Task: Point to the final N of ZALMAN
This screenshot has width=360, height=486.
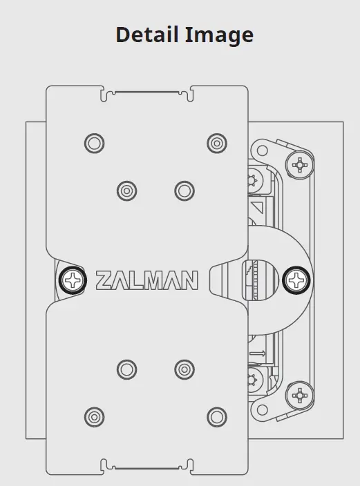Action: (x=188, y=280)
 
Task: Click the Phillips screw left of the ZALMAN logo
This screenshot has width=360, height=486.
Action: (x=71, y=280)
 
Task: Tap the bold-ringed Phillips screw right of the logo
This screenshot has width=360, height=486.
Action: (x=298, y=280)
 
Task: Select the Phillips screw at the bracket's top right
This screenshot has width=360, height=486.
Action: (x=300, y=165)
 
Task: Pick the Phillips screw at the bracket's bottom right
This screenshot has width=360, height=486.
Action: (x=300, y=395)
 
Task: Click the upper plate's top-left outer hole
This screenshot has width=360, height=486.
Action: (x=94, y=143)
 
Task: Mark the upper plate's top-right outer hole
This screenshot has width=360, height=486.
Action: (x=216, y=143)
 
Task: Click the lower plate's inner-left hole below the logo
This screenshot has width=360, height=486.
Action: (x=126, y=369)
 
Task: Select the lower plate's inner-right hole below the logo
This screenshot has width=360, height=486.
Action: (x=184, y=369)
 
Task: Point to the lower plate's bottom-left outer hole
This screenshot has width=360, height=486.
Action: (x=94, y=416)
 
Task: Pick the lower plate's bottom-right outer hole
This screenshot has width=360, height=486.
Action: (x=216, y=416)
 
